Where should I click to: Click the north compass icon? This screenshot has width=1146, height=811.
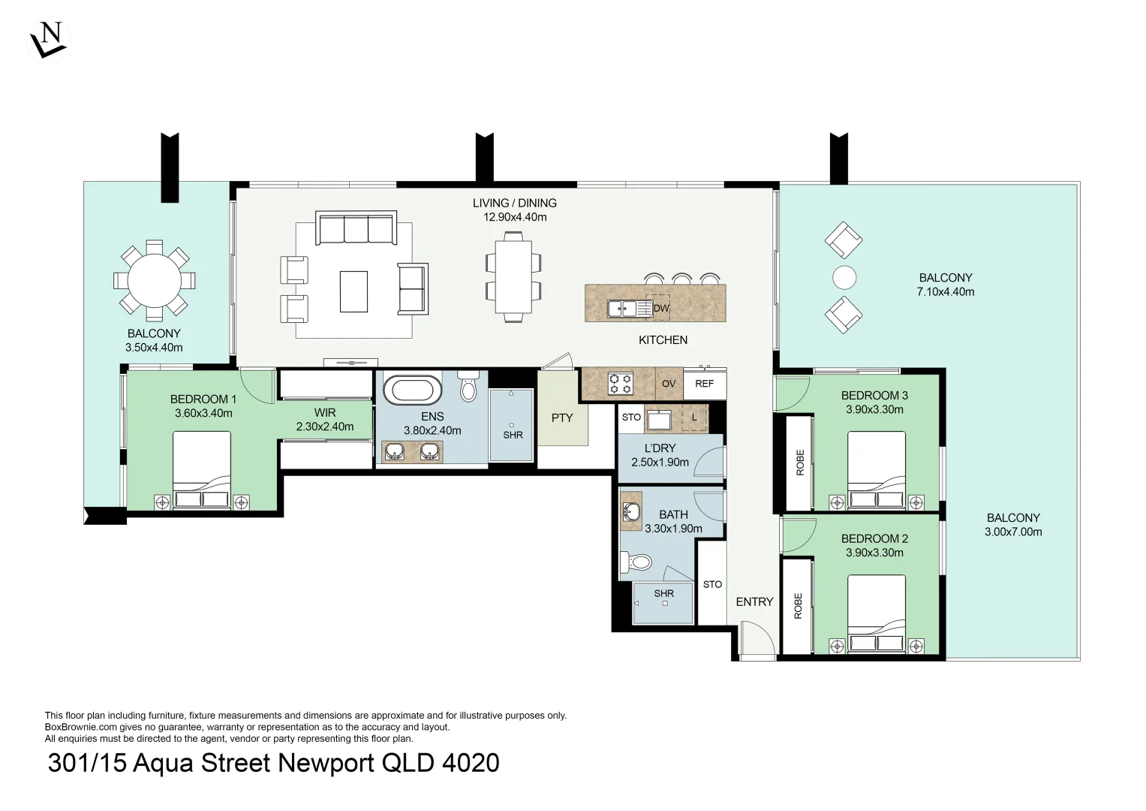pos(47,41)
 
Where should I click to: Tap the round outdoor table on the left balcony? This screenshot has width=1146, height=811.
pos(154,280)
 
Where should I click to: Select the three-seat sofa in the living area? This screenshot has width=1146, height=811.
pos(356,228)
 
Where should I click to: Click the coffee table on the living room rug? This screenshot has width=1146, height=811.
pos(353,291)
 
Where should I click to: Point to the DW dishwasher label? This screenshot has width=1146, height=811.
pos(661,308)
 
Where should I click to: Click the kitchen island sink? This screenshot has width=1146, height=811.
pos(629,309)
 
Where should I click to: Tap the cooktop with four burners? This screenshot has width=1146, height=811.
pos(621,384)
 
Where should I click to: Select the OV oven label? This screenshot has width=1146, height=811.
pos(669,384)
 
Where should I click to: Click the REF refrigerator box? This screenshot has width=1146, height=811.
pos(705,384)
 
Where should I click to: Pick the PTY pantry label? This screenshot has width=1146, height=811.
pos(562,418)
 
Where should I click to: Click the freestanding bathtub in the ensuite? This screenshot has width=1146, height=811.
pos(412,390)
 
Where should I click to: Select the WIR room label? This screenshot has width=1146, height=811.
pos(325,412)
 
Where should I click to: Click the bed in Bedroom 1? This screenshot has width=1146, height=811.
pos(202,470)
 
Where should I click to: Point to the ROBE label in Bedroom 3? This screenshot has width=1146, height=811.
pos(800,463)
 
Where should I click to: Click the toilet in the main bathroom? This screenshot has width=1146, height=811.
pos(636,562)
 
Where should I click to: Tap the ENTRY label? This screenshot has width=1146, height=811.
pos(754,602)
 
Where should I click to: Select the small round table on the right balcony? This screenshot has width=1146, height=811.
pos(844,278)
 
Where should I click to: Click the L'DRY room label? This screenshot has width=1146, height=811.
pos(660,448)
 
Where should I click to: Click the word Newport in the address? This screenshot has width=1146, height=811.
pos(326,764)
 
